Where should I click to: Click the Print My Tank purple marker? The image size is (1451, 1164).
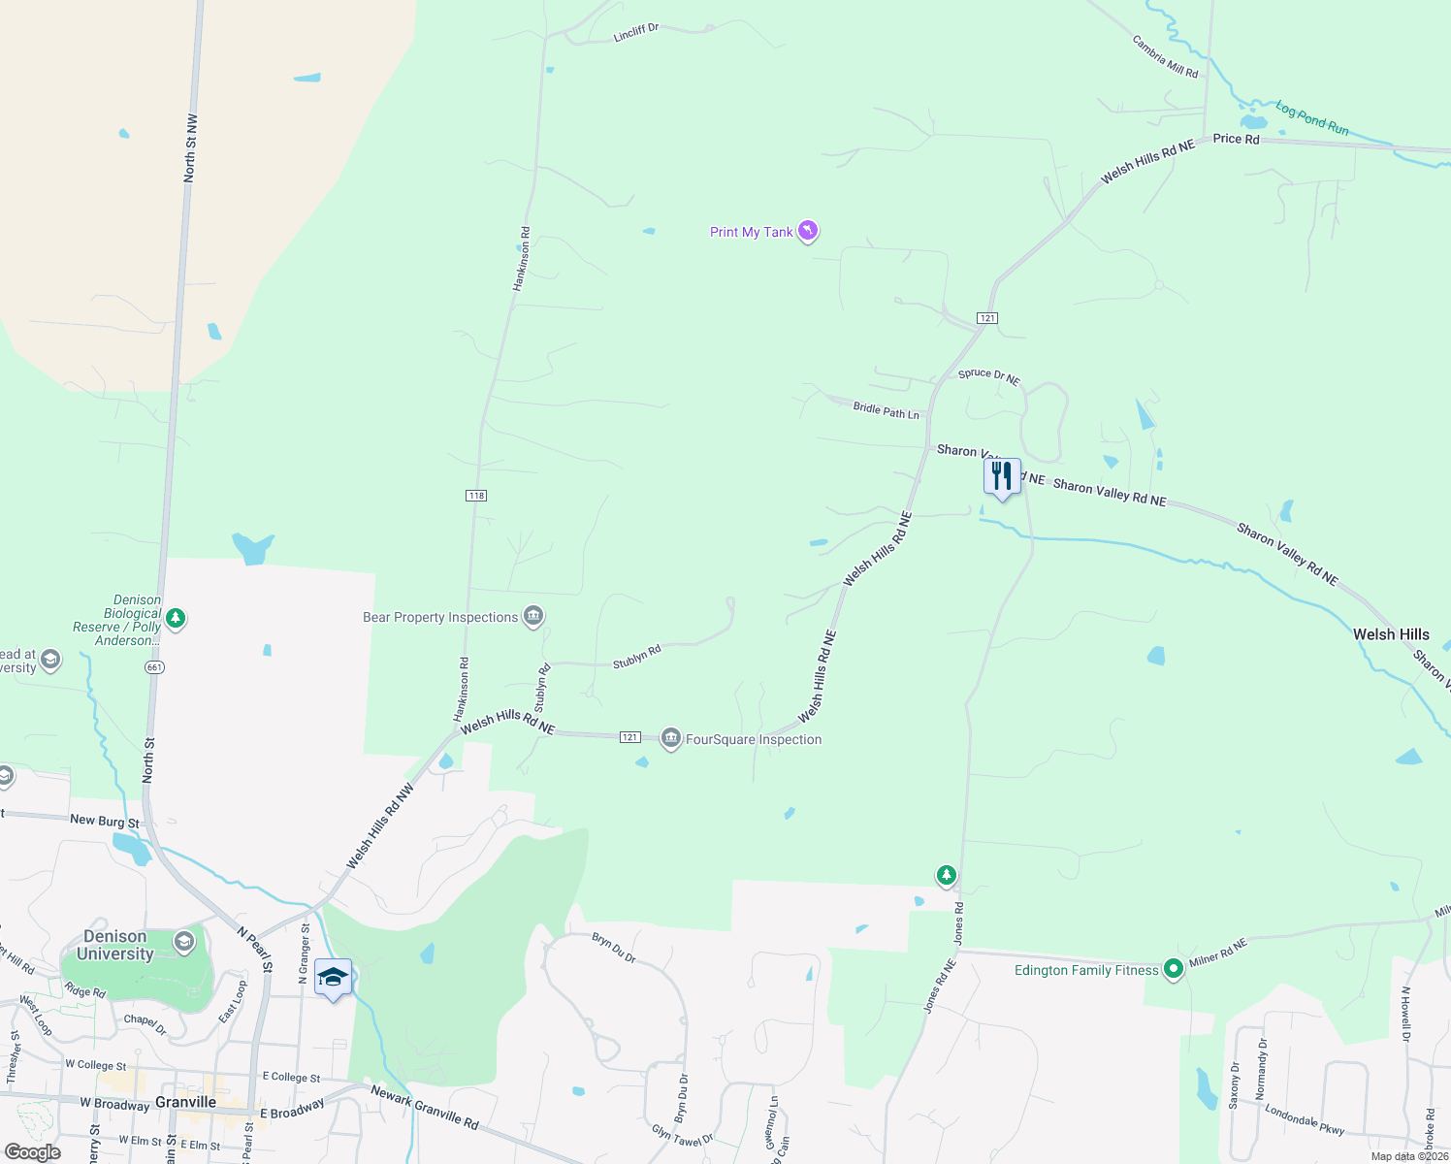tap(808, 231)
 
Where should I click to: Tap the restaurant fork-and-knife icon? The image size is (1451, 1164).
tap(1002, 476)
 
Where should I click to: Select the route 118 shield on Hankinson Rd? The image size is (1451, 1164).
tap(475, 496)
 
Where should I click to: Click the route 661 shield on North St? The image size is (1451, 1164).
tap(155, 667)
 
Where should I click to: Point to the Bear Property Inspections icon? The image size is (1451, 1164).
tap(532, 616)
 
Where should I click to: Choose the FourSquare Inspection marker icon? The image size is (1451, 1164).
tap(670, 739)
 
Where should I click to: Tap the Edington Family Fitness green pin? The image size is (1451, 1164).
tap(1173, 968)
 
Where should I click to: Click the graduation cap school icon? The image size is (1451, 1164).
tap(333, 978)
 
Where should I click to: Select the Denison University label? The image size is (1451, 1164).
tap(115, 945)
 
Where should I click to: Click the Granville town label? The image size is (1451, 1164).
tap(186, 1102)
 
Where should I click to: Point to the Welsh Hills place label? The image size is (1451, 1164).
tap(1391, 634)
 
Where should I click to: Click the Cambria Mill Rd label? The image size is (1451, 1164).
tap(1165, 56)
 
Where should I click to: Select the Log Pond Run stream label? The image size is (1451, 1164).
tap(1311, 118)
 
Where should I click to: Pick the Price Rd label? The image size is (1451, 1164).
tap(1236, 139)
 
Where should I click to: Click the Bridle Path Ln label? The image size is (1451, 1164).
tap(886, 410)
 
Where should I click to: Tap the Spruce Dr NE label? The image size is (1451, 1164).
tap(988, 376)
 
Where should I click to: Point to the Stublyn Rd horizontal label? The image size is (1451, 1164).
tap(636, 657)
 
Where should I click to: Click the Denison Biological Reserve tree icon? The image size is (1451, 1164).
tap(176, 617)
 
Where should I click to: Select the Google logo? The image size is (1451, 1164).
tap(32, 1152)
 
